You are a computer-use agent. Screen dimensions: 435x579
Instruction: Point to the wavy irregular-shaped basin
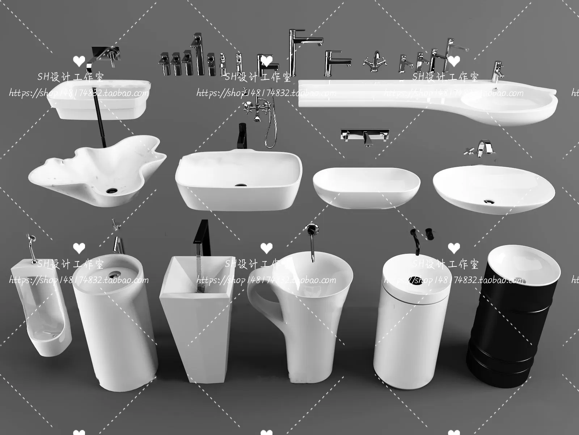point(98,170)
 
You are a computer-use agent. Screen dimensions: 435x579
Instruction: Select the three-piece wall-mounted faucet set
point(365,136)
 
